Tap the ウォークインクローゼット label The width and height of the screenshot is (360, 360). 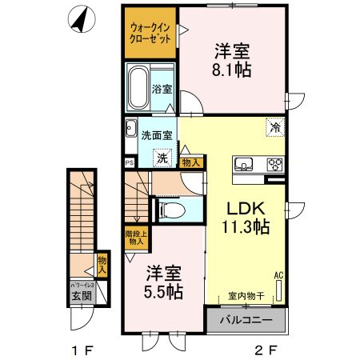[150, 34]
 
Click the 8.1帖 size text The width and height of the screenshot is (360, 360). [232, 70]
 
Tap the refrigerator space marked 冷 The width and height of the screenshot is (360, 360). [275, 127]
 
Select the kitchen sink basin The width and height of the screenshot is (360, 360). [243, 166]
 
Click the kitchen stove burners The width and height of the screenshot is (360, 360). [274, 166]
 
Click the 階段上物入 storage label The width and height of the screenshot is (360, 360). [136, 237]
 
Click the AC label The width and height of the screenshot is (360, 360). [279, 274]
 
